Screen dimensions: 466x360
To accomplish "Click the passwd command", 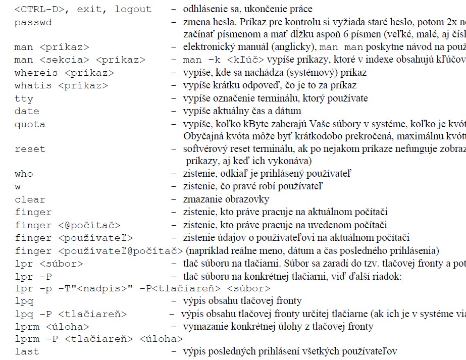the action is click(x=33, y=23).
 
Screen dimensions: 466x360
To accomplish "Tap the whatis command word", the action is click(x=33, y=86).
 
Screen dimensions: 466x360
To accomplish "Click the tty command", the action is click(x=24, y=98).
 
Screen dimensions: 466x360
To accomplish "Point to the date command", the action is click(x=27, y=111).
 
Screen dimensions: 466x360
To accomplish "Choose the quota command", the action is click(x=30, y=124).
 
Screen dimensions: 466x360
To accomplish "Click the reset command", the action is click(x=30, y=149).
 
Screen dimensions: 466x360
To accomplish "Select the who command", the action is click(x=24, y=174).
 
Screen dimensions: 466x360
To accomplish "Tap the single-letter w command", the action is click(x=18, y=187).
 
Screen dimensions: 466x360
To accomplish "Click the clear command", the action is click(x=30, y=199).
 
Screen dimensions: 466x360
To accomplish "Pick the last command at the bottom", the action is click(x=27, y=351).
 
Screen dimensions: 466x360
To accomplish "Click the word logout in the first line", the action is click(x=133, y=10).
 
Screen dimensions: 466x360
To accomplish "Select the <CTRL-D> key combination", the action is click(x=39, y=10).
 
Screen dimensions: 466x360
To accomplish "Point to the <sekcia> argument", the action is click(x=64, y=60).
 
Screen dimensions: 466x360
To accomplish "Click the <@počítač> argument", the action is click(x=89, y=225).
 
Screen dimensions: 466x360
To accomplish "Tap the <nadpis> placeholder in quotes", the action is click(x=102, y=289).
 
